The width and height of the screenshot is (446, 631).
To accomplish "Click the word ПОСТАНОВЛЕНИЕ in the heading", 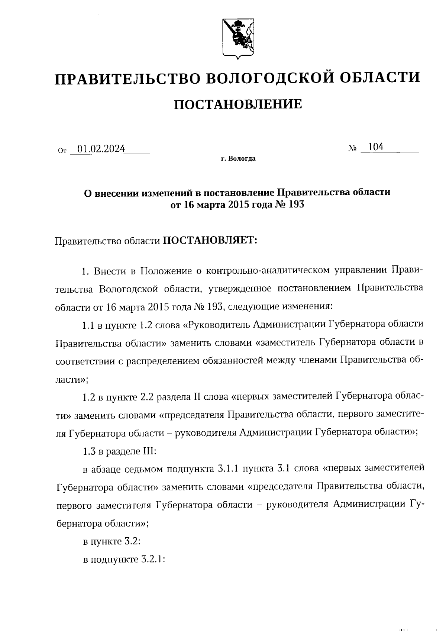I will [238, 104].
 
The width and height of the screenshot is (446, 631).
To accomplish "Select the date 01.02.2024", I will [98, 149].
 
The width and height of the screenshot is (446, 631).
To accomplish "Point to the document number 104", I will [375, 147].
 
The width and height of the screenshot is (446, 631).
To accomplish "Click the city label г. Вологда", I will [238, 159].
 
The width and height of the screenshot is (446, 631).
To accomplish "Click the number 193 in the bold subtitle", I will [296, 204].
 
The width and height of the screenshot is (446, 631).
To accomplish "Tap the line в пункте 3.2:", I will [111, 542].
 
